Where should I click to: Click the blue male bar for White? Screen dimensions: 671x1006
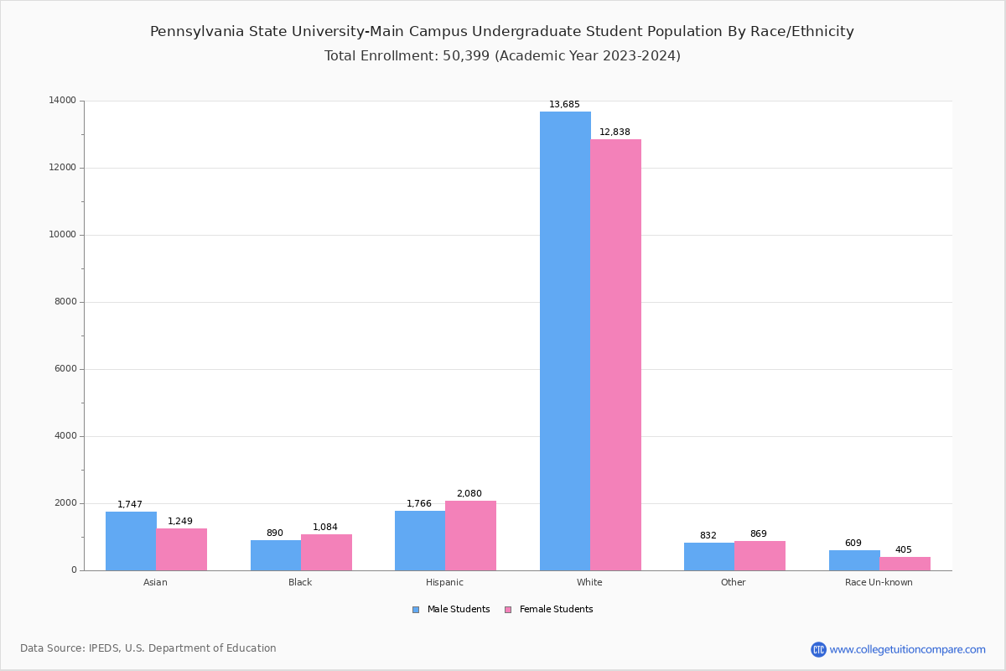565,341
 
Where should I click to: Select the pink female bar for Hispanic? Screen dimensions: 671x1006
470,535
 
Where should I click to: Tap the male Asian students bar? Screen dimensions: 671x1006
131,541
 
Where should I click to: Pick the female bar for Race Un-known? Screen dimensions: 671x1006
905,564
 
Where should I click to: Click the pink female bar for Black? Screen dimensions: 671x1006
326,552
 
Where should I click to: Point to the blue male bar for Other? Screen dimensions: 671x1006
709,556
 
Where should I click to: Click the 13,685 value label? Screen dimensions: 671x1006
564,105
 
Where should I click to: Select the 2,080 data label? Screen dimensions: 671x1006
469,494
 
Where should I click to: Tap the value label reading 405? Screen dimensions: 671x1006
903,550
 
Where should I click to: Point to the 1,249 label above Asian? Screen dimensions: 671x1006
180,522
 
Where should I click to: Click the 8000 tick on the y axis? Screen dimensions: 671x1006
65,302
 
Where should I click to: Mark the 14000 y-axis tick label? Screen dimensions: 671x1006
62,101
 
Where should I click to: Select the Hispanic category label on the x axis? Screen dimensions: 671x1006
444,582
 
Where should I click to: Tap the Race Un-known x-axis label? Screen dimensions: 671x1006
879,582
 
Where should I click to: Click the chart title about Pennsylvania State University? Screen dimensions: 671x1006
502,32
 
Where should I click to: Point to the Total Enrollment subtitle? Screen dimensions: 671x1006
502,56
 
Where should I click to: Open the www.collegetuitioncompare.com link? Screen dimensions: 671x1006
907,649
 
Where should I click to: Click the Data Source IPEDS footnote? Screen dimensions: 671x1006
148,648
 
